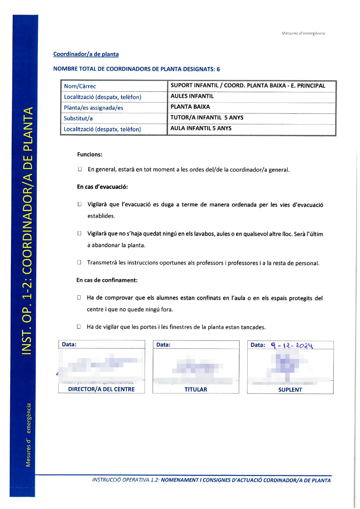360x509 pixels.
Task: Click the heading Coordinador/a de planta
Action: (x=86, y=54)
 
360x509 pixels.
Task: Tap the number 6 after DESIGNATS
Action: (x=218, y=69)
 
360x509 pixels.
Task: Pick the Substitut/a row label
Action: (x=78, y=118)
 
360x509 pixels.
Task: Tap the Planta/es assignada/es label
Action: (x=93, y=108)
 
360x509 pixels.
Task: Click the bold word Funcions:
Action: (x=90, y=154)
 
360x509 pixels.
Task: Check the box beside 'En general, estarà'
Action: (x=80, y=169)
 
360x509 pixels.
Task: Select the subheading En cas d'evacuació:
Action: (x=102, y=187)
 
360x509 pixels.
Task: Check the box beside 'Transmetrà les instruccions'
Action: (x=79, y=262)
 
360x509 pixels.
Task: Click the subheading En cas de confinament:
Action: (x=107, y=280)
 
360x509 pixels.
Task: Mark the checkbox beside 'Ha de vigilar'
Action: (x=79, y=327)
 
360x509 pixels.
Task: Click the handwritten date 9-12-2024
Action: (x=292, y=346)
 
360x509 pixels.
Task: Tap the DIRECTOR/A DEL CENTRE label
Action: (x=101, y=389)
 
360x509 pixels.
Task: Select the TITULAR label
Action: (x=196, y=390)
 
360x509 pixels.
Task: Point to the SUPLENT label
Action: (x=290, y=390)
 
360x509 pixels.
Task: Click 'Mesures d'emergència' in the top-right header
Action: (x=303, y=33)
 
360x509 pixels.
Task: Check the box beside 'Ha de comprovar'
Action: (x=79, y=298)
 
